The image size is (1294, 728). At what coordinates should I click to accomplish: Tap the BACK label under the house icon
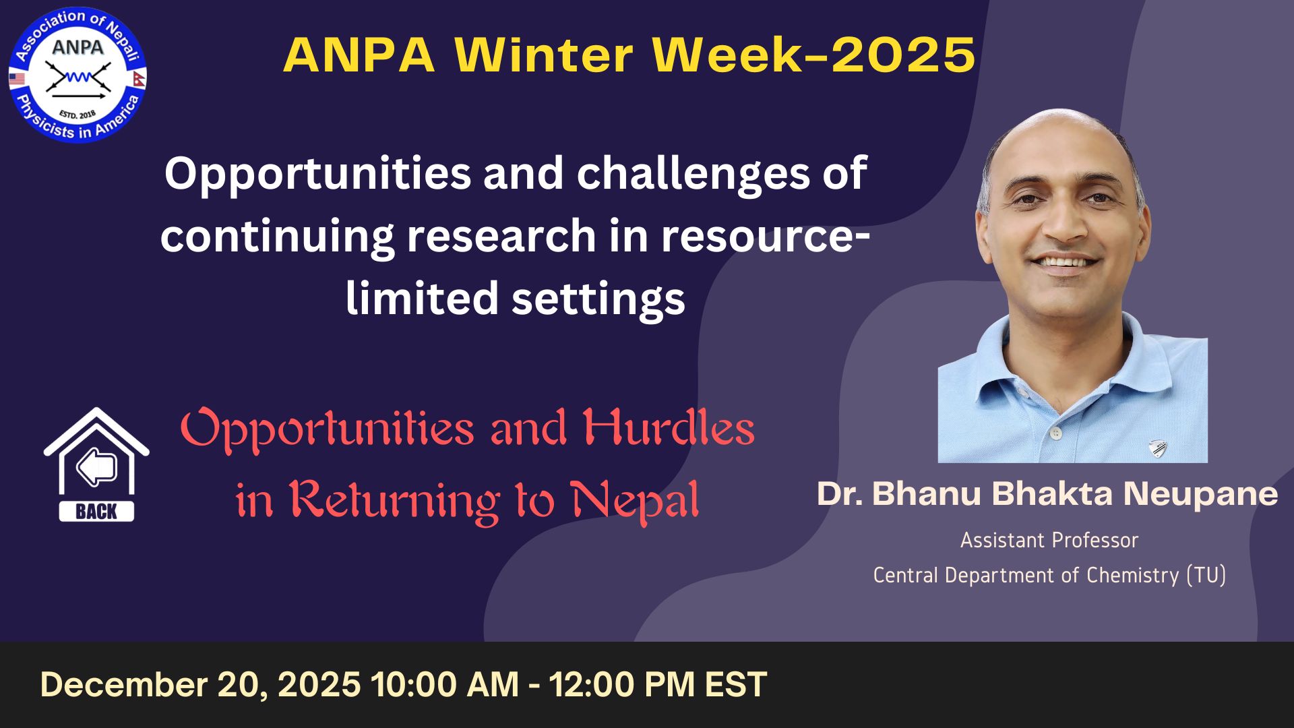click(x=96, y=512)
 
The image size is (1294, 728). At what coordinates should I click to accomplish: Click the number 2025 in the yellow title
click(x=903, y=55)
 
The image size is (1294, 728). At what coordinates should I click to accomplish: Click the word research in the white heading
click(x=501, y=236)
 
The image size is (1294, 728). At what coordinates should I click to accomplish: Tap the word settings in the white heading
click(x=598, y=300)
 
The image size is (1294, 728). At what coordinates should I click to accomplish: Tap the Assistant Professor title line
click(x=1049, y=540)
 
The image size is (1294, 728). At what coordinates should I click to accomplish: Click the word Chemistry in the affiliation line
click(x=1133, y=575)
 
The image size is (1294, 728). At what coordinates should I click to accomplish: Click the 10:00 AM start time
click(x=445, y=684)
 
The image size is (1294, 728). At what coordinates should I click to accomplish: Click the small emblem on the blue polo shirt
click(x=1158, y=448)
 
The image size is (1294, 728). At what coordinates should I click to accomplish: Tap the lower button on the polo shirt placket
click(x=1055, y=431)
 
